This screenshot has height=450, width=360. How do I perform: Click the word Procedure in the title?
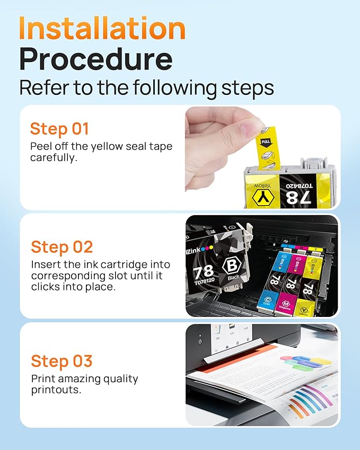tap(96, 59)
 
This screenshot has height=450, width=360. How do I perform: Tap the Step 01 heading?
tap(59, 129)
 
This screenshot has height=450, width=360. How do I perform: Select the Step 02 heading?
tap(62, 247)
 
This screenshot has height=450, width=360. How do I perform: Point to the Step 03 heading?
tap(62, 361)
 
